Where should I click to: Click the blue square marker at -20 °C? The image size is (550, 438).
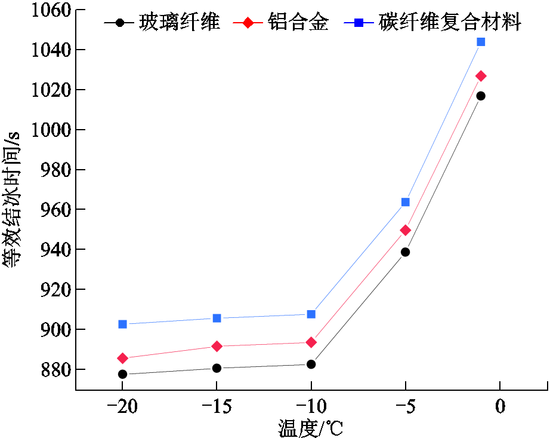click(122, 324)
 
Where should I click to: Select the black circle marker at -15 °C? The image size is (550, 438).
click(217, 368)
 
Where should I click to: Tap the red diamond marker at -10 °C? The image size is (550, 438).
click(311, 342)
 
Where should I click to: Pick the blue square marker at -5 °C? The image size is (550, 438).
click(406, 202)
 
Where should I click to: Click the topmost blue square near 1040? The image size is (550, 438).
click(481, 42)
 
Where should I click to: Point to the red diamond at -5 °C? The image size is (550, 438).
click(406, 231)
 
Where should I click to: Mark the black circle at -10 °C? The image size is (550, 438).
click(311, 365)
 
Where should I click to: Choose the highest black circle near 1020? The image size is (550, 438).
click(481, 96)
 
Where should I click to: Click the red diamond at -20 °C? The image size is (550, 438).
click(122, 359)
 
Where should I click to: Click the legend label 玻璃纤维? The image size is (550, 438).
click(179, 22)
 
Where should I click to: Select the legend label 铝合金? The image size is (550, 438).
click(298, 22)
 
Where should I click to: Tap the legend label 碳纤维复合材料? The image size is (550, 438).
click(450, 22)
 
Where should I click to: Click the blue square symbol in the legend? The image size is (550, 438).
click(359, 23)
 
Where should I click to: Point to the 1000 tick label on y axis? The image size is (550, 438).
click(51, 130)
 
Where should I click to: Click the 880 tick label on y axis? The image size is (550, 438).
click(56, 369)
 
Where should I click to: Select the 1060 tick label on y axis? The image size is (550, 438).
click(51, 10)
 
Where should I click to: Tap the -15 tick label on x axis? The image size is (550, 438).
click(217, 406)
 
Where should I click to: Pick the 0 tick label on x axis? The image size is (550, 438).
click(500, 406)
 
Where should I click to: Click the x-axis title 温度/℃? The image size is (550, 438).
click(310, 428)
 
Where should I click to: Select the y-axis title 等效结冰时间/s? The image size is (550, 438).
click(12, 200)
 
